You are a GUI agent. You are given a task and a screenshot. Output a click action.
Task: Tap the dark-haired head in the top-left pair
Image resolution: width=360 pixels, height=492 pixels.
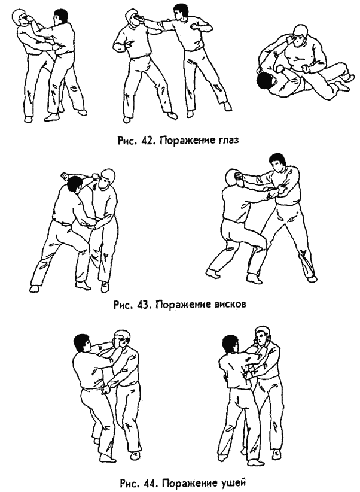(x=61, y=18)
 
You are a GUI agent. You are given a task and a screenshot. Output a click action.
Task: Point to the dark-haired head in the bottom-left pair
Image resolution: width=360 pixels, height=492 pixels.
(x=81, y=342)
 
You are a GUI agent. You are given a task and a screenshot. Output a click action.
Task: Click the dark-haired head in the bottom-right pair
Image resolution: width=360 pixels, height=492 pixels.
(x=230, y=342)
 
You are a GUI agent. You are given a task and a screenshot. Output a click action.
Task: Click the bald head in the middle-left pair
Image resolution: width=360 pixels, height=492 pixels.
(x=106, y=179)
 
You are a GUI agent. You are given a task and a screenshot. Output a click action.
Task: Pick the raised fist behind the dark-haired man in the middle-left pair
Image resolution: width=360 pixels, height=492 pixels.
(x=65, y=177)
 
